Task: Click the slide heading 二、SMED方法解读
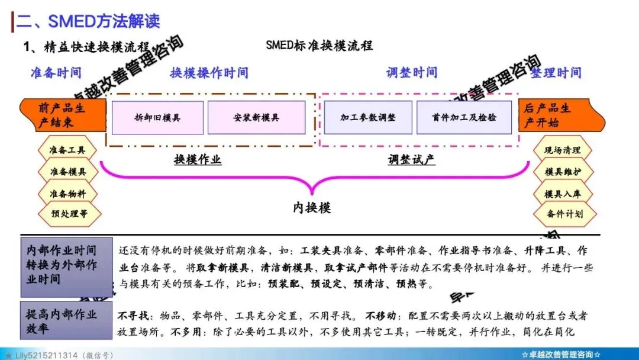click(x=88, y=21)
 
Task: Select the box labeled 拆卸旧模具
click(x=157, y=117)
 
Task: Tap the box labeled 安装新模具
click(x=256, y=117)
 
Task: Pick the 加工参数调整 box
click(x=367, y=117)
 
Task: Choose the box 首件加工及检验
click(x=464, y=117)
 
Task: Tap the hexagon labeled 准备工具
click(x=67, y=150)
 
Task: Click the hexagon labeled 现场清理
click(x=563, y=150)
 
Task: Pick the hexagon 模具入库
click(x=563, y=193)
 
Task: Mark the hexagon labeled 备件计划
click(x=563, y=214)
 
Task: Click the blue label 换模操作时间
click(x=209, y=73)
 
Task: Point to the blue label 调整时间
click(x=412, y=72)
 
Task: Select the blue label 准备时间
click(x=56, y=72)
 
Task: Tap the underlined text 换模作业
click(x=198, y=159)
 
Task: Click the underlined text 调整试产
click(x=412, y=159)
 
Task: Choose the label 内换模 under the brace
click(x=312, y=207)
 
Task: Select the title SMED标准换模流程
click(x=319, y=46)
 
